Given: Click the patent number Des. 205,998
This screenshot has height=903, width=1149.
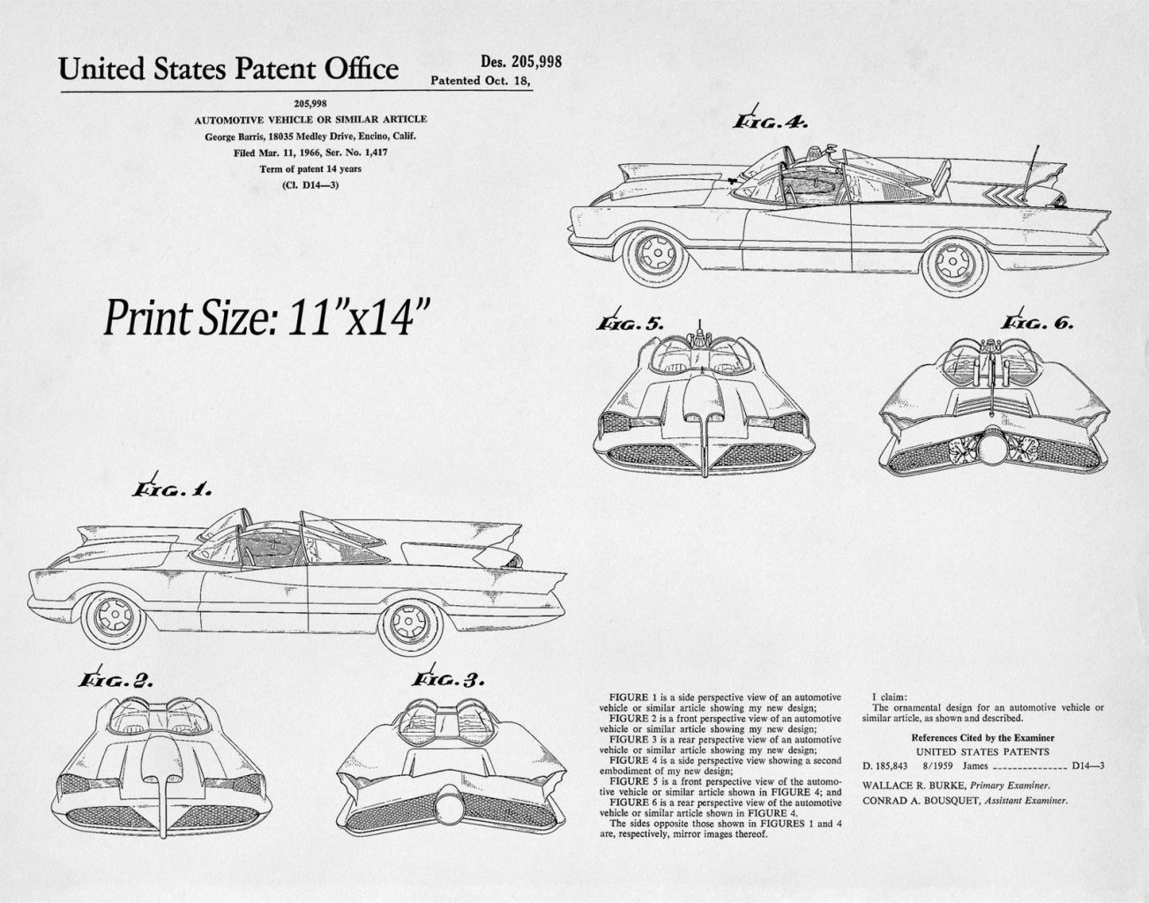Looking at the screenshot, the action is [521, 62].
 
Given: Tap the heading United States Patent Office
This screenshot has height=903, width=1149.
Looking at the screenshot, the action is [228, 70].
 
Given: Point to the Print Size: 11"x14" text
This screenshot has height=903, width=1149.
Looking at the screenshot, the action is [265, 317].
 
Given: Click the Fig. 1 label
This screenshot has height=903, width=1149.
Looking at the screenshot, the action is [171, 489].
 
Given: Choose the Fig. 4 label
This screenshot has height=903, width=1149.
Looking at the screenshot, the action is [770, 121].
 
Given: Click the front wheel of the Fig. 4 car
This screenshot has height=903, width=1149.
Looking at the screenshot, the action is [656, 254].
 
